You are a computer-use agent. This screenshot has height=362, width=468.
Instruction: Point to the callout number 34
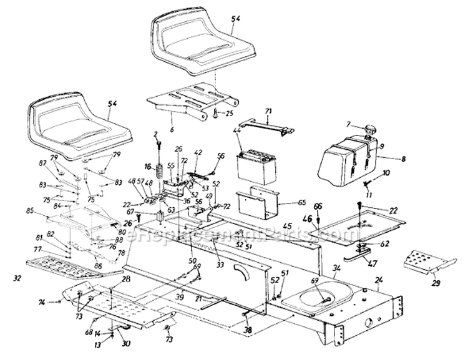337,268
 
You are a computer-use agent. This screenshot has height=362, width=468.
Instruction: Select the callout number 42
198,152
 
